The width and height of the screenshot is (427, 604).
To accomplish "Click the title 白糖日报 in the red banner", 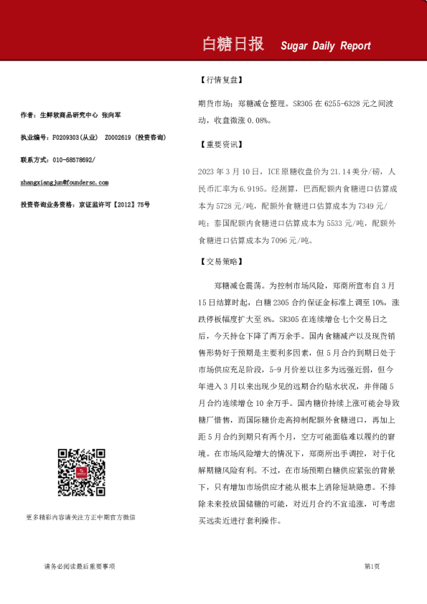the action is [234, 44].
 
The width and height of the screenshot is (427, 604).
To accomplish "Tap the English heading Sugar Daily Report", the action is [326, 46].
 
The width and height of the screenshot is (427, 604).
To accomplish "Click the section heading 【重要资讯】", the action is [220, 143].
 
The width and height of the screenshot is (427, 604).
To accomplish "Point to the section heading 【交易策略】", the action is [220, 262].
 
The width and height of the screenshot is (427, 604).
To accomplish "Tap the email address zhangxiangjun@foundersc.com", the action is [65, 183].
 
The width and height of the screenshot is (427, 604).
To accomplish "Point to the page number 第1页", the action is [372, 567].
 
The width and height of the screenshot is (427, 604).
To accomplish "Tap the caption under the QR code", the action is [80, 516].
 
